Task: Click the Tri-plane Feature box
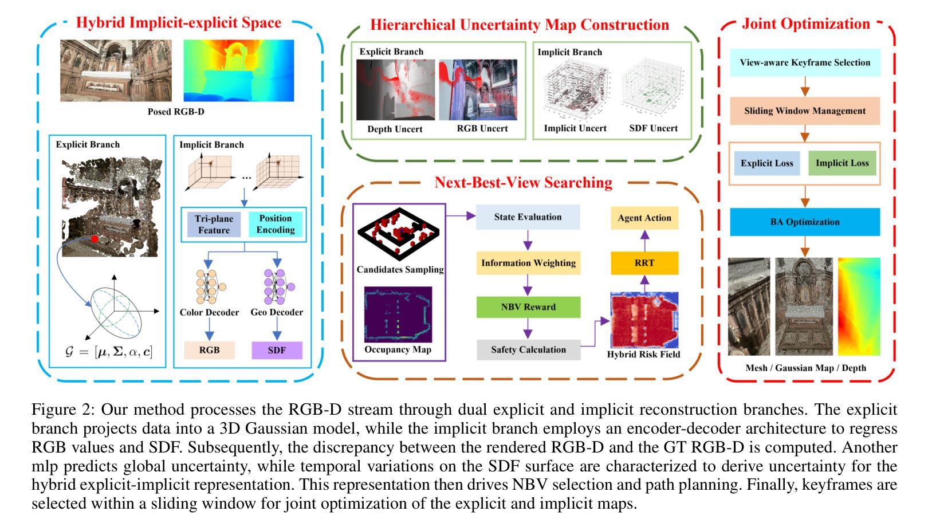[x=214, y=224]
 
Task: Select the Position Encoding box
[x=276, y=224]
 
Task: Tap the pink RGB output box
[x=209, y=350]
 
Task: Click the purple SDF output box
[x=277, y=350]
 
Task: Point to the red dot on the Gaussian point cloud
[x=95, y=238]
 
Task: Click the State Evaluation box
[x=528, y=217]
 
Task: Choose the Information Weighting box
[x=528, y=263]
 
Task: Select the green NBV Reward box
[x=528, y=307]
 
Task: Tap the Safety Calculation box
[x=528, y=349]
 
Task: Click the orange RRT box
[x=644, y=263]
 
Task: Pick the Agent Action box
[x=644, y=218]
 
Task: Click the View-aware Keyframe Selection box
[x=805, y=62]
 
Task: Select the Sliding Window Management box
[x=805, y=111]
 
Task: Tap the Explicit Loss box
[x=767, y=163]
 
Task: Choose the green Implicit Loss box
[x=842, y=163]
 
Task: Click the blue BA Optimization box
[x=805, y=222]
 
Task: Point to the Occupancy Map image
[x=398, y=314]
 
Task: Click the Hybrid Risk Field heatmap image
[x=644, y=320]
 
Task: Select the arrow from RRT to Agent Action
[x=644, y=241]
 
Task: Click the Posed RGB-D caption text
[x=176, y=112]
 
